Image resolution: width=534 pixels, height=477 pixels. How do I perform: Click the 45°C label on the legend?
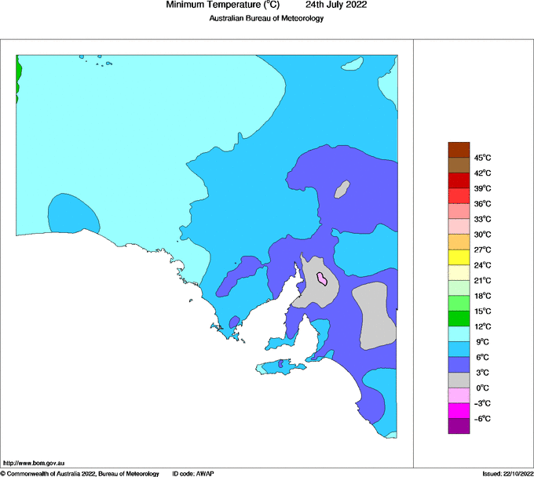click(x=482, y=158)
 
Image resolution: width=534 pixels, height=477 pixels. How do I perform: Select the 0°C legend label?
click(x=482, y=388)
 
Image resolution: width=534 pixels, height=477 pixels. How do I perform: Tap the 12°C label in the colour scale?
click(x=482, y=326)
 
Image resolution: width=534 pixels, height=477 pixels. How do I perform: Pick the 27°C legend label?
click(x=482, y=249)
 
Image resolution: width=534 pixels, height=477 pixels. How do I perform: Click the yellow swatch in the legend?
click(x=459, y=257)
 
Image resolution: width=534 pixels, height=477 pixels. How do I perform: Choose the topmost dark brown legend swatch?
click(x=459, y=150)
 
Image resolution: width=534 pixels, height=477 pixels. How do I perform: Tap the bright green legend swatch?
click(x=459, y=319)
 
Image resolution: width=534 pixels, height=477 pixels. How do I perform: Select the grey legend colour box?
click(x=459, y=380)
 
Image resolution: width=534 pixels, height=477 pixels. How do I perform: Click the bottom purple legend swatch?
click(x=459, y=426)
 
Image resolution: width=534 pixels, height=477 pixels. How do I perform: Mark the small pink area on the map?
click(x=322, y=278)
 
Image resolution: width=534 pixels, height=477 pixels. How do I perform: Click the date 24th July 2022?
click(x=335, y=5)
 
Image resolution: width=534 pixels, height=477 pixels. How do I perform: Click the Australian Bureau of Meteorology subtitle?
click(x=266, y=18)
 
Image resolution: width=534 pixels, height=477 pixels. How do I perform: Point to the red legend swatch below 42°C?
click(x=459, y=180)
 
